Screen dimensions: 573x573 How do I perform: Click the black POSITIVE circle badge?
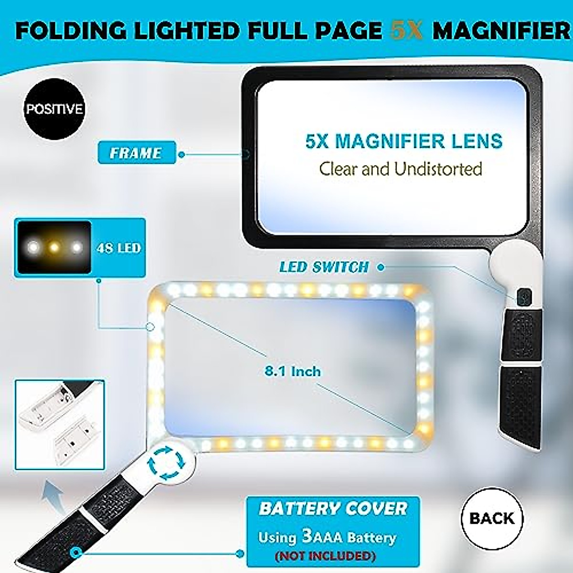54,109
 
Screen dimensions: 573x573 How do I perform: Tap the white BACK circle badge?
492,519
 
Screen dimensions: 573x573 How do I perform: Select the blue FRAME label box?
137,153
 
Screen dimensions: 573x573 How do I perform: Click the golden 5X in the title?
406,31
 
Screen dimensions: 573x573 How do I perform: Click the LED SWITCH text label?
324,267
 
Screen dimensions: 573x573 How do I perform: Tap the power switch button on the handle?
523,297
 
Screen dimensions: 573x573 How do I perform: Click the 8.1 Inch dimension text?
293,371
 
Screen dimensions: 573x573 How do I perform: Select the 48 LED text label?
118,248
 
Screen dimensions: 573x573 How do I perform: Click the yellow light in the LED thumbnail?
54,247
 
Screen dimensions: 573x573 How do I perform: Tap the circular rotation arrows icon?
166,462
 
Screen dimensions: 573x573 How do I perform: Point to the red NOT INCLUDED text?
325,556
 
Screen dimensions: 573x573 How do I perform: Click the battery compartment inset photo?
59,424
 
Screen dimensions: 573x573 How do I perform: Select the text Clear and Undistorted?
400,169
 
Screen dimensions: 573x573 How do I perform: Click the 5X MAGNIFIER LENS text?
403,141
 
